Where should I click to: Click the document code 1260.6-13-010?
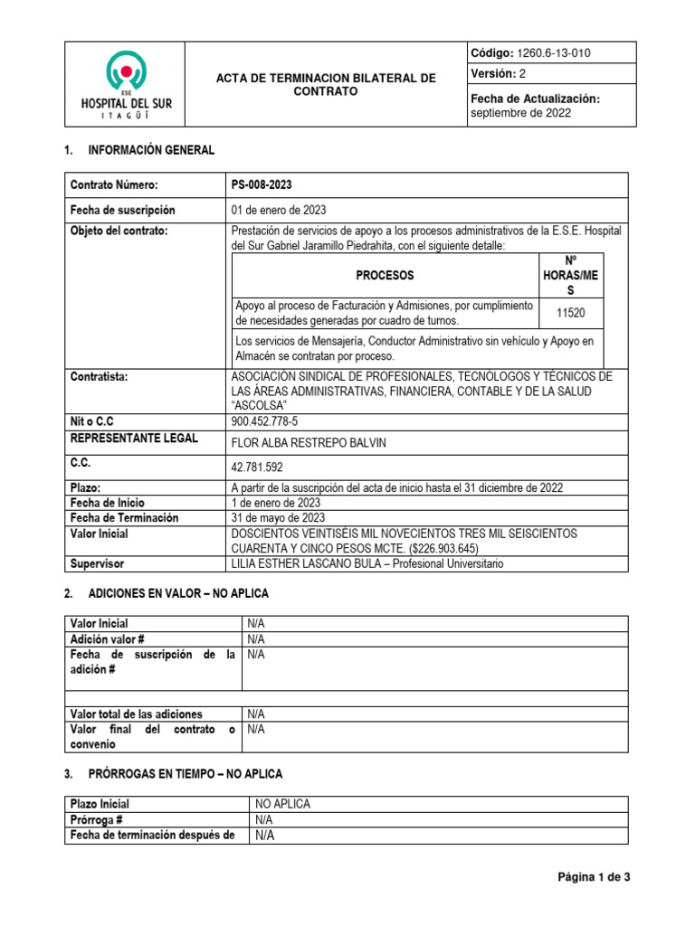(553, 53)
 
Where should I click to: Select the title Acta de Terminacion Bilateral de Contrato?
(326, 86)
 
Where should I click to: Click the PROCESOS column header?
(385, 273)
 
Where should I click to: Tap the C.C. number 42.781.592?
(270, 467)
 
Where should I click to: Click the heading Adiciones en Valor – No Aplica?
(178, 593)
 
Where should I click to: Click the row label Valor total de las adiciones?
(136, 714)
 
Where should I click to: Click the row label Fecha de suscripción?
(123, 211)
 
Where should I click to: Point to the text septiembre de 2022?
(521, 113)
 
